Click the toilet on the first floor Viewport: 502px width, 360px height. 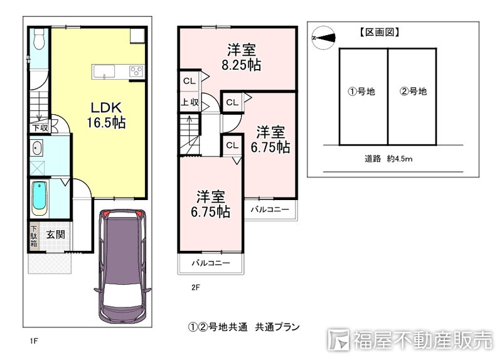[39, 39]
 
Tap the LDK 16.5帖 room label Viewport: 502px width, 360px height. [106, 115]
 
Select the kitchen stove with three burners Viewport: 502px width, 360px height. [136, 71]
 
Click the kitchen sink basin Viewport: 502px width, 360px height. [104, 71]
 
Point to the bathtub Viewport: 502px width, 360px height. [40, 198]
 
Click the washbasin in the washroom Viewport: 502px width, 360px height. [36, 149]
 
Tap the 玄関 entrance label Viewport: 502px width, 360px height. [56, 235]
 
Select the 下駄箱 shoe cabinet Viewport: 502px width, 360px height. [34, 236]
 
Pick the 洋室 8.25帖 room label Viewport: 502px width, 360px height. [242, 58]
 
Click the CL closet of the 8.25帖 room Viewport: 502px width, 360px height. [190, 82]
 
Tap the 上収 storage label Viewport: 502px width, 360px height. [190, 102]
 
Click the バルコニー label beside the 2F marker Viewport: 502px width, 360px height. [211, 263]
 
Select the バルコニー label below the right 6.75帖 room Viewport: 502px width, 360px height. [270, 209]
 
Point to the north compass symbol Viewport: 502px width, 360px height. [324, 38]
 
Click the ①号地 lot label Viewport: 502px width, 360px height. [361, 92]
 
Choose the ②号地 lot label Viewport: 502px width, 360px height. [413, 92]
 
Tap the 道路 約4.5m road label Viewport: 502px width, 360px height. [388, 159]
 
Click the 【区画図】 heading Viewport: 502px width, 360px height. [380, 33]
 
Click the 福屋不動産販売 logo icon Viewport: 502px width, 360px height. [338, 339]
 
